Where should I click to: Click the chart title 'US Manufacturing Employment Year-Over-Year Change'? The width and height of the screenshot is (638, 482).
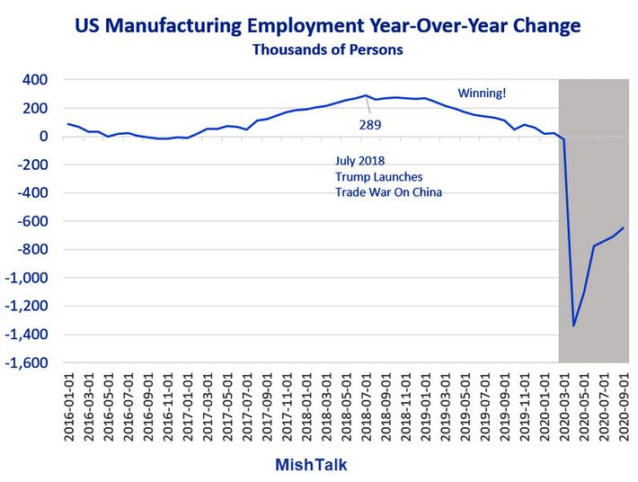click(327, 23)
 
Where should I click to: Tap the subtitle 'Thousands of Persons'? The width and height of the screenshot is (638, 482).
click(327, 49)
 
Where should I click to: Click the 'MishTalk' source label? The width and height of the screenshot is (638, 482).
click(310, 465)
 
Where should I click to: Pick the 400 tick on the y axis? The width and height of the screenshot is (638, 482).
click(34, 80)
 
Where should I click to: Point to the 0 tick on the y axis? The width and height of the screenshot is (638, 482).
click(42, 137)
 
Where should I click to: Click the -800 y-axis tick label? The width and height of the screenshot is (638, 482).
click(31, 250)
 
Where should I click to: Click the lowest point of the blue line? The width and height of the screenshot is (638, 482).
click(573, 326)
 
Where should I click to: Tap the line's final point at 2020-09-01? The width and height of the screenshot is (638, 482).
click(623, 228)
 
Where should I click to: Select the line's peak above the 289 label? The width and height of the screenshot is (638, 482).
click(366, 95)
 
